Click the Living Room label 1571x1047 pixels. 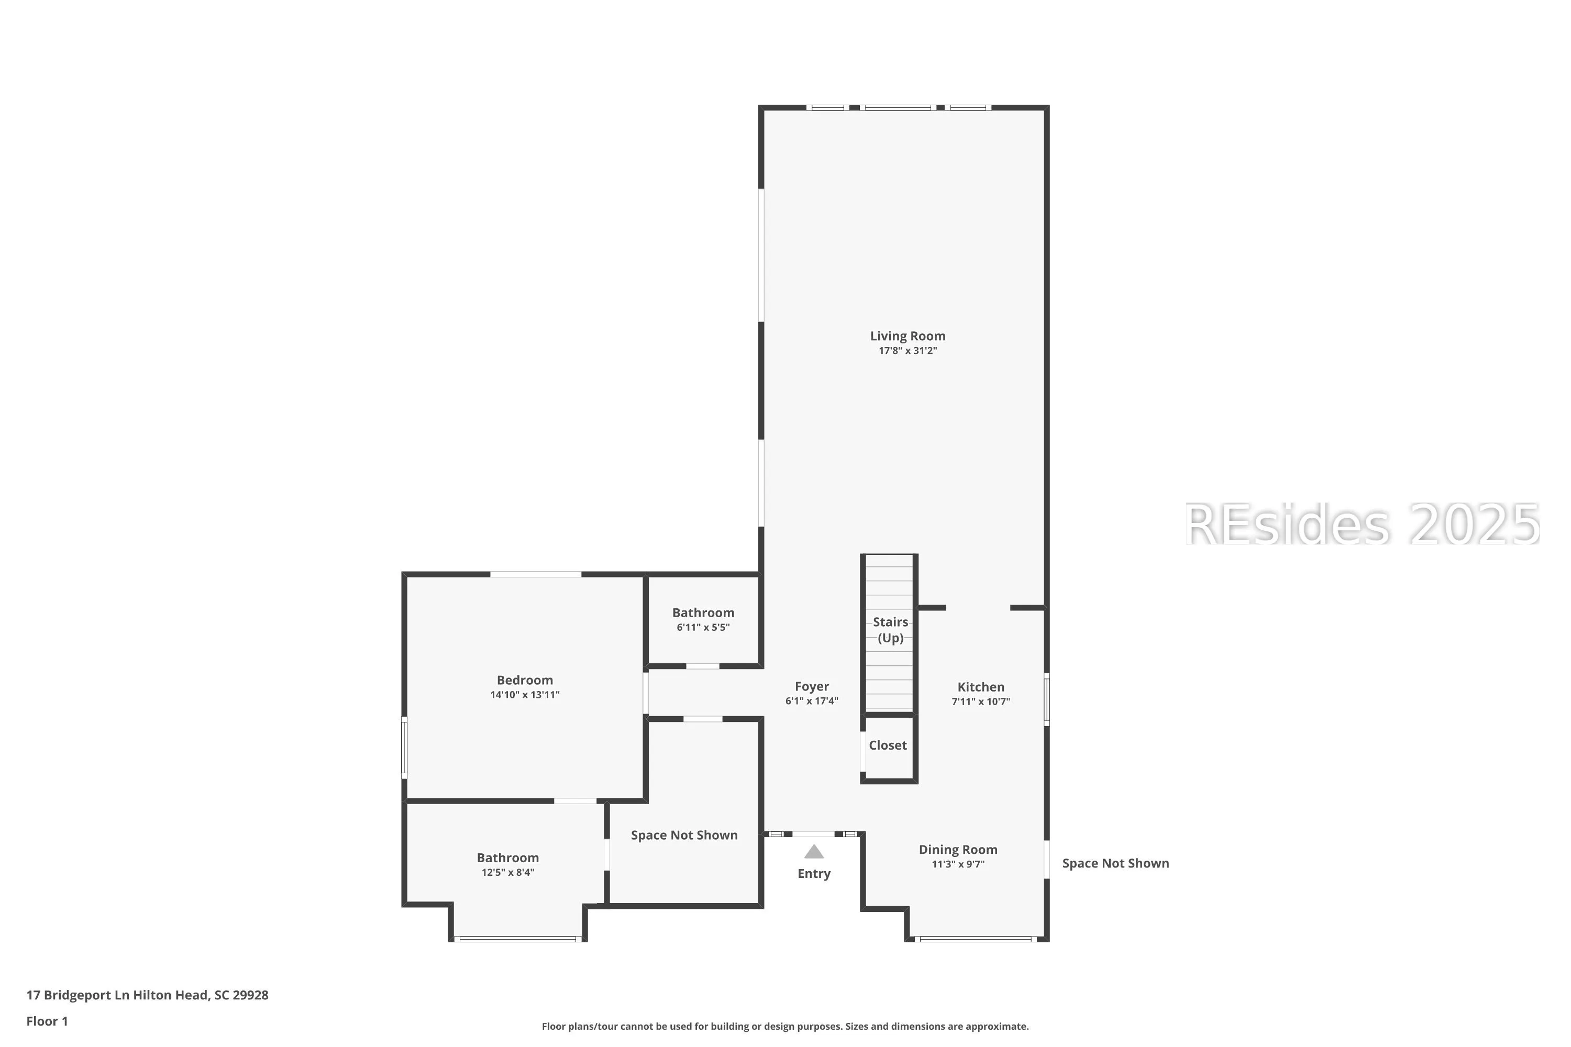click(907, 336)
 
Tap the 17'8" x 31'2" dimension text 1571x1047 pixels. click(907, 351)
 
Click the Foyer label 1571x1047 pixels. click(812, 686)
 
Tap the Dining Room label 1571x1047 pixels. click(958, 849)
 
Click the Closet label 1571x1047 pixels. click(888, 745)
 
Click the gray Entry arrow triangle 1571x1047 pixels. click(814, 852)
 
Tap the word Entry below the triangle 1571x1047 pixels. click(814, 873)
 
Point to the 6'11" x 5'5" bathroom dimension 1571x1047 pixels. click(703, 627)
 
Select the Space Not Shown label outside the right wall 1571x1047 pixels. click(1115, 863)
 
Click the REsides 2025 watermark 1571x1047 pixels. click(1362, 524)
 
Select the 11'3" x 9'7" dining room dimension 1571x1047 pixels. click(958, 864)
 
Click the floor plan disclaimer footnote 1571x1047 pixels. click(785, 1026)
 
